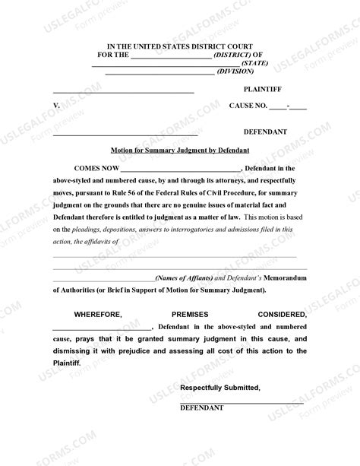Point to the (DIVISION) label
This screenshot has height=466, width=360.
(x=235, y=72)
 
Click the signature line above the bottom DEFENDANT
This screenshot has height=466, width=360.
(x=242, y=401)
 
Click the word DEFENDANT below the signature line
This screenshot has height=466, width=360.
(x=201, y=408)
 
